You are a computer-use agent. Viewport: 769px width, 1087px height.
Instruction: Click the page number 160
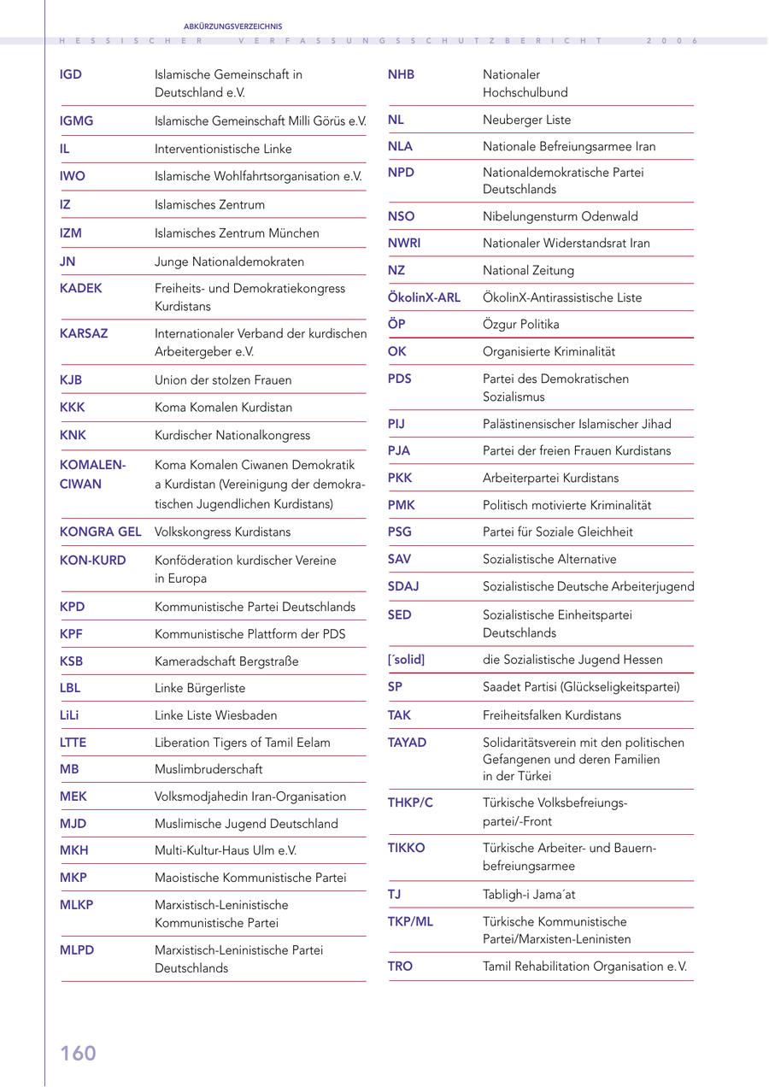click(x=78, y=1054)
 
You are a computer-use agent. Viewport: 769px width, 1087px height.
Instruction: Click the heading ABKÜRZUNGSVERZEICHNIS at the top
click(x=232, y=26)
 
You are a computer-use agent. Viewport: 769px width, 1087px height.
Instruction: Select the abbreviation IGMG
click(x=77, y=121)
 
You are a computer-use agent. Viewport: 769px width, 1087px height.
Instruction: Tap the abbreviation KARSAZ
click(x=84, y=333)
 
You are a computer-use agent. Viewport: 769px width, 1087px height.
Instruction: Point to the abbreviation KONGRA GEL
click(x=100, y=532)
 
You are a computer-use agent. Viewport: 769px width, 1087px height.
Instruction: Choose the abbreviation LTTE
click(x=73, y=743)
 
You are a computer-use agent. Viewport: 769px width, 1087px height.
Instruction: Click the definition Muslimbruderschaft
click(x=208, y=769)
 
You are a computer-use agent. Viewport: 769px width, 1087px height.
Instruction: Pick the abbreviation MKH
click(x=74, y=850)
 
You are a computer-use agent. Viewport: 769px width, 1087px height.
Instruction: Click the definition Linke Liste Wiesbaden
click(x=215, y=715)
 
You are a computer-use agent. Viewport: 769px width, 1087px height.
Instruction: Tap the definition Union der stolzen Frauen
click(x=223, y=379)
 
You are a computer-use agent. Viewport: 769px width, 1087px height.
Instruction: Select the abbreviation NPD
click(x=401, y=173)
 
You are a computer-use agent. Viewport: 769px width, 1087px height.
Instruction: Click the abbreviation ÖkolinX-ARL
click(x=424, y=297)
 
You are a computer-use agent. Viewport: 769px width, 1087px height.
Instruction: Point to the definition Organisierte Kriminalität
click(x=549, y=351)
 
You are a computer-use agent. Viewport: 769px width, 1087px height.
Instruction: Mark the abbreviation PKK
click(x=400, y=478)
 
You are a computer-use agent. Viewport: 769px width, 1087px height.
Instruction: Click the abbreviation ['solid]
click(x=406, y=660)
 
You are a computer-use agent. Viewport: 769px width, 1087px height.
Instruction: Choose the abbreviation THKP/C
click(x=410, y=802)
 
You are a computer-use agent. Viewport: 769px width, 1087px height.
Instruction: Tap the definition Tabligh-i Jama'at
click(x=529, y=894)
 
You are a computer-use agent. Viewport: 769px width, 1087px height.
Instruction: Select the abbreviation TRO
click(x=400, y=966)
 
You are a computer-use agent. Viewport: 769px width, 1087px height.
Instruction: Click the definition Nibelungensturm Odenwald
click(x=560, y=216)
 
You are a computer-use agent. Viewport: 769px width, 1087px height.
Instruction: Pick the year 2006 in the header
click(x=672, y=40)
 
